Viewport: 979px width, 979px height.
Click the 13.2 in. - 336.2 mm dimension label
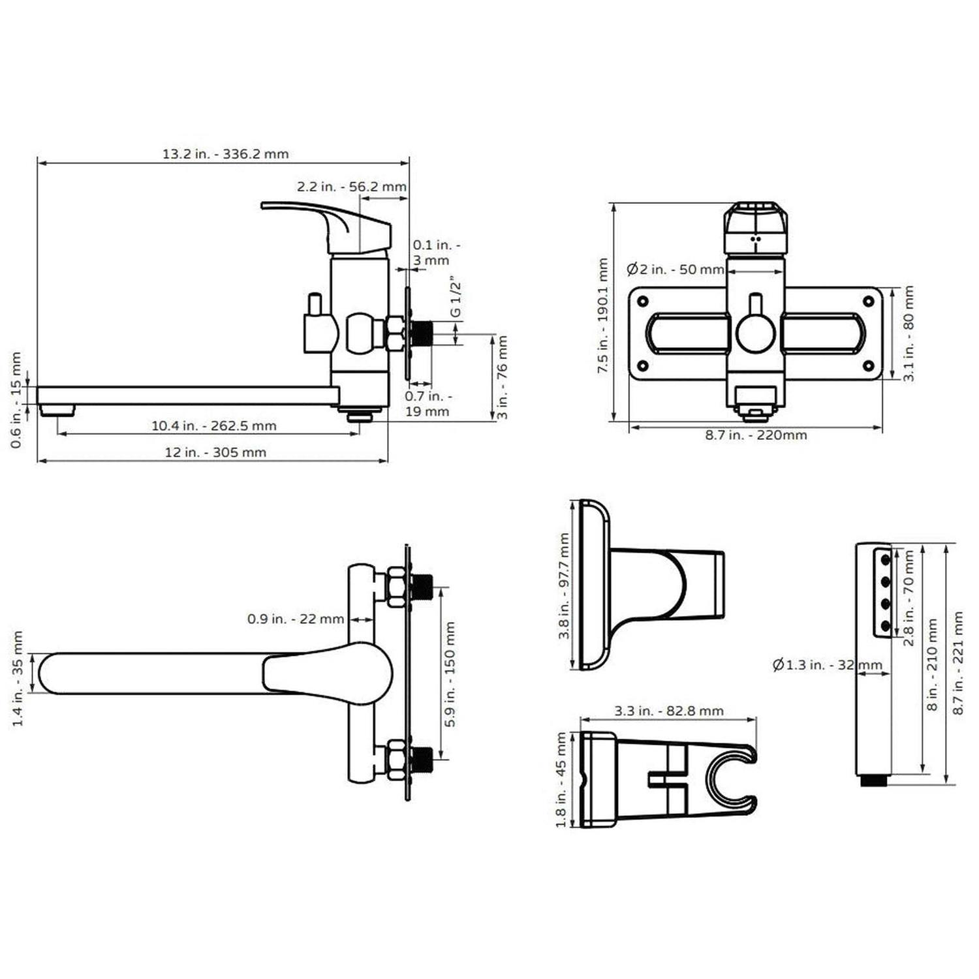pyautogui.click(x=225, y=154)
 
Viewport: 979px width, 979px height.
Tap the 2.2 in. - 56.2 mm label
pyautogui.click(x=352, y=187)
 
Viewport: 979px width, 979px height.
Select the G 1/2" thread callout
pyautogui.click(x=456, y=300)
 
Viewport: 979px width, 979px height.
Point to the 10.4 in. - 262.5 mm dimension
pyautogui.click(x=214, y=426)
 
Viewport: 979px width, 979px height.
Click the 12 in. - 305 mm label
pyautogui.click(x=215, y=452)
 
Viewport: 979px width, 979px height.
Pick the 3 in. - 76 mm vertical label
pyautogui.click(x=502, y=377)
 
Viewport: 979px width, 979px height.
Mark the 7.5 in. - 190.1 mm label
pyautogui.click(x=602, y=315)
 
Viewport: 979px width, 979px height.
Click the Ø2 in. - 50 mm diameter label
pyautogui.click(x=675, y=269)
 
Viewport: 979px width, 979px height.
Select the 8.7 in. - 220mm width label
pyautogui.click(x=756, y=435)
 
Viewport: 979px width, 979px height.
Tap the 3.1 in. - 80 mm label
pyautogui.click(x=909, y=334)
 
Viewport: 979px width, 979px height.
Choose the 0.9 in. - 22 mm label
pyautogui.click(x=295, y=619)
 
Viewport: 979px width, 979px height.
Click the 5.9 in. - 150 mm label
pyautogui.click(x=450, y=674)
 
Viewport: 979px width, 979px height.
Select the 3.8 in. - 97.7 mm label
pyautogui.click(x=564, y=585)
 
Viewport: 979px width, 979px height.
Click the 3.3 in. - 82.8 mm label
pyautogui.click(x=668, y=711)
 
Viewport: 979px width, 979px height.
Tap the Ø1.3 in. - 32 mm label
pyautogui.click(x=826, y=665)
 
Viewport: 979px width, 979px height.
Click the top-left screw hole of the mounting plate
pyautogui.click(x=643, y=302)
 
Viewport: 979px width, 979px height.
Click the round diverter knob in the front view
pyautogui.click(x=756, y=333)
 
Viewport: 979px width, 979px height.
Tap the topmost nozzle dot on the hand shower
pyautogui.click(x=886, y=560)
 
